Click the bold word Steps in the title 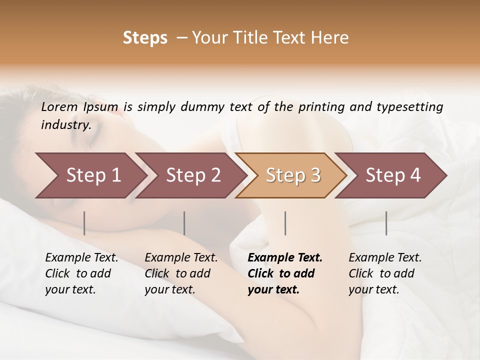(145, 38)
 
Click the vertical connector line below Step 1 (84, 223)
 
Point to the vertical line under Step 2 (184, 223)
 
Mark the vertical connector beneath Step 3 (285, 223)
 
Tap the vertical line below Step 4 (386, 223)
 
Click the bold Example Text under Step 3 (285, 258)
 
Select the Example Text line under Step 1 (81, 258)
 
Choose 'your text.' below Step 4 (373, 289)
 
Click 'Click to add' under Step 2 (177, 274)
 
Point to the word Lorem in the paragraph (59, 107)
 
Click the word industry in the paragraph (65, 125)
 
